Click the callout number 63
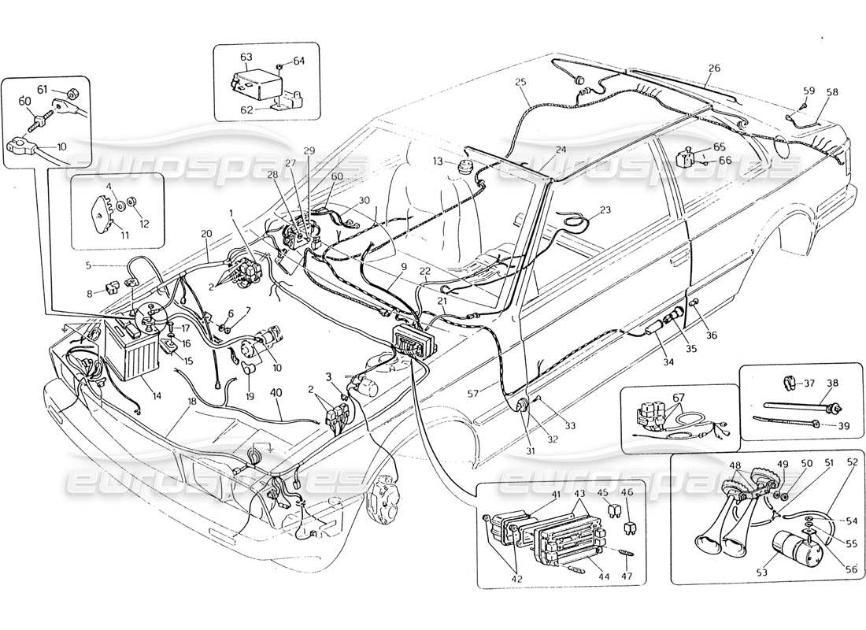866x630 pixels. coord(246,57)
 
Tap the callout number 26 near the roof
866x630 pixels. coord(713,68)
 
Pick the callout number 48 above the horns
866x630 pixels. coord(735,465)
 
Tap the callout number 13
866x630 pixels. coord(437,161)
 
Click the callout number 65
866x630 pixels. coord(720,147)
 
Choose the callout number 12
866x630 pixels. coord(144,224)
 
